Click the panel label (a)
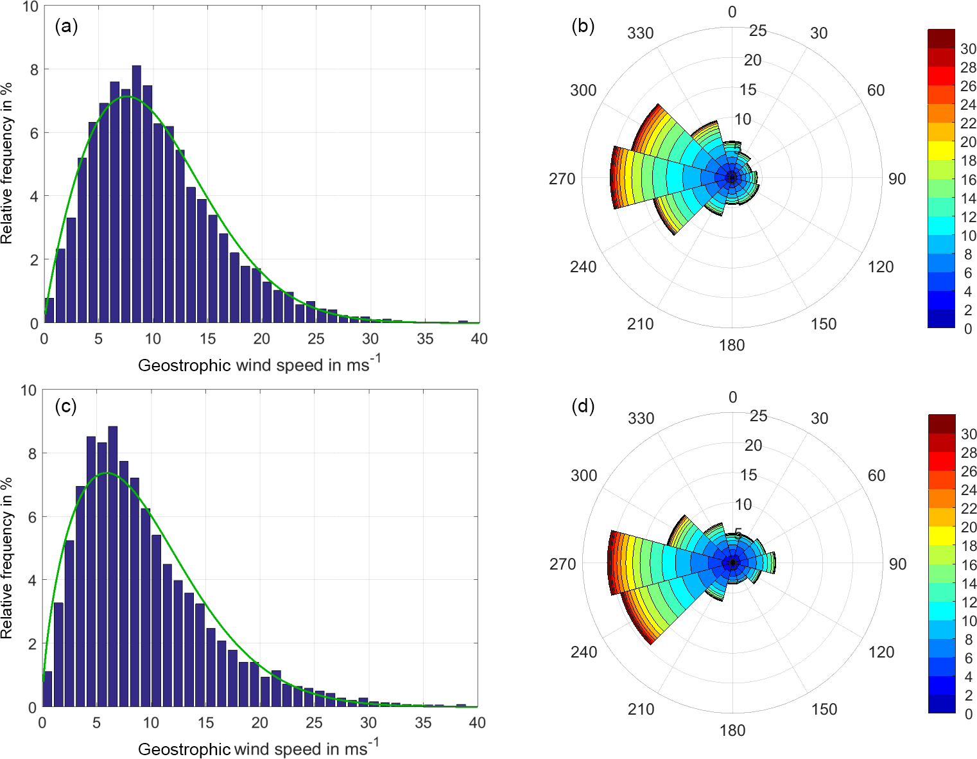pos(66,26)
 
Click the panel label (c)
pos(66,406)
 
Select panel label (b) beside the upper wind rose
pos(583,26)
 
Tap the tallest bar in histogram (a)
pos(136,193)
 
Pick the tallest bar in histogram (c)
pos(112,565)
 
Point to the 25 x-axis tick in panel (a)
pos(316,338)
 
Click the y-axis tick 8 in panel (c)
pos(31,453)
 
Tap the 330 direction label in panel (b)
pos(641,33)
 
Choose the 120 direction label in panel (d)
pos(881,652)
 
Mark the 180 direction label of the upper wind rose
pos(732,345)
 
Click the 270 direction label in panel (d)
pos(562,564)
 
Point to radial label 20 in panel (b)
pos(753,60)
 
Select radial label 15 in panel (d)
pos(748,475)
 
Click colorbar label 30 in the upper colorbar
pos(968,49)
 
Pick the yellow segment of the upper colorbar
pos(941,150)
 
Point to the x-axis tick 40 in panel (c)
pos(478,722)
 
